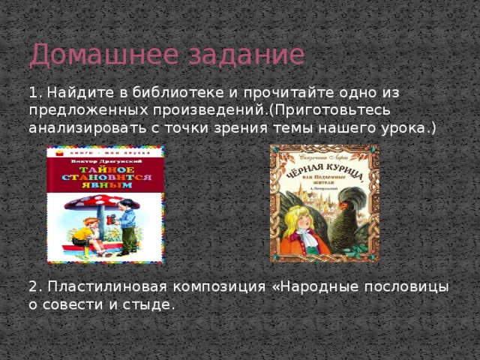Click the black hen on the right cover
pyautogui.click(x=346, y=217)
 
